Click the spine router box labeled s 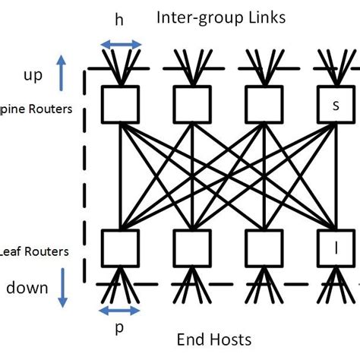tap(335, 104)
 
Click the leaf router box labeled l tap(335, 248)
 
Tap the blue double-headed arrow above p tap(120, 310)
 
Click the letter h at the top tap(119, 21)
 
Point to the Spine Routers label tap(36, 109)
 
